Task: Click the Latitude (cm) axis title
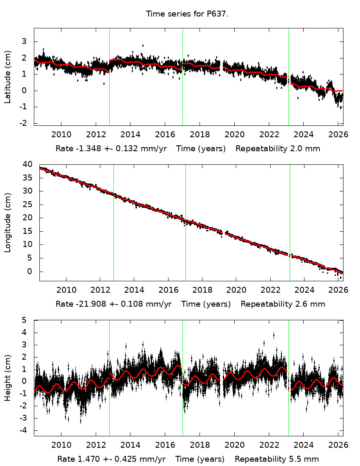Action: (x=8, y=77)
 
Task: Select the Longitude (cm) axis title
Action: (x=8, y=222)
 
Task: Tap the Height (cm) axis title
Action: (x=8, y=378)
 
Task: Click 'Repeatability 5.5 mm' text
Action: (x=277, y=459)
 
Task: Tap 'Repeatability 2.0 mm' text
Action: (x=277, y=149)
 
